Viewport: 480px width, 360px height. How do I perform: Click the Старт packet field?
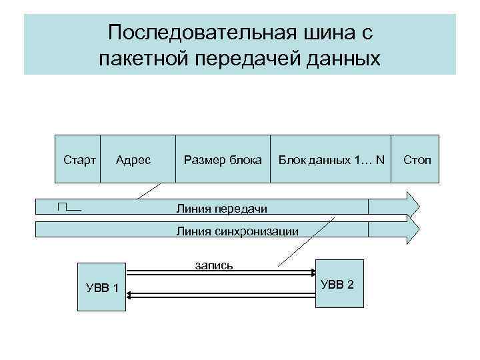pos(79,160)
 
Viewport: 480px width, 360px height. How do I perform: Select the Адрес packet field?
pos(133,160)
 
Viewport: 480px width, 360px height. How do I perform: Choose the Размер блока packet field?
pos(223,160)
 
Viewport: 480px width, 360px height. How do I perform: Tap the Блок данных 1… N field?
pos(331,160)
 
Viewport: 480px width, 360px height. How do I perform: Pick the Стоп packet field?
pos(417,160)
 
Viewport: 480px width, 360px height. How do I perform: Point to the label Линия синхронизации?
pos(237,231)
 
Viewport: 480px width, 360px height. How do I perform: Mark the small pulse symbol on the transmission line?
pos(69,207)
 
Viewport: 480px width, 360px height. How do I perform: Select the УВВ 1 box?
pos(101,287)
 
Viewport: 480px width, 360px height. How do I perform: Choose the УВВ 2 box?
pos(339,283)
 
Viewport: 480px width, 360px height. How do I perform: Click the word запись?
pos(213,265)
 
